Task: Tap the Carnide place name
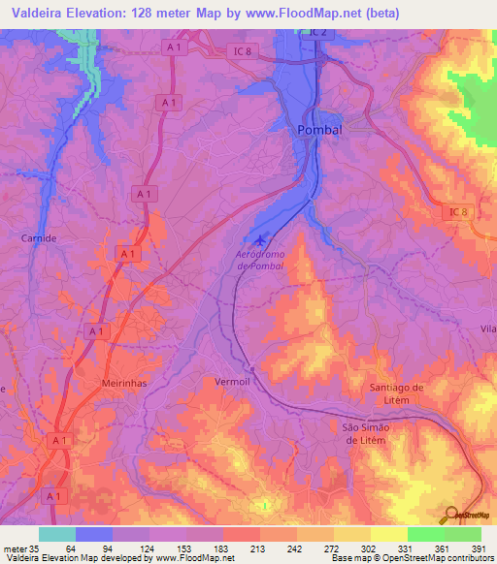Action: coord(40,236)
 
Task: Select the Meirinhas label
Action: coord(123,384)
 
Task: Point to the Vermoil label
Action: coord(233,382)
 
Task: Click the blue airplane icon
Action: coord(258,240)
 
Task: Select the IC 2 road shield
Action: coord(320,33)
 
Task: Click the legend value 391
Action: coord(479,549)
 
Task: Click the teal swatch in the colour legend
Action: coord(57,534)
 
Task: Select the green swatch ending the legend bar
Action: coord(462,534)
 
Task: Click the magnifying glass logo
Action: coord(451,515)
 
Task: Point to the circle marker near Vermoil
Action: coord(251,368)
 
